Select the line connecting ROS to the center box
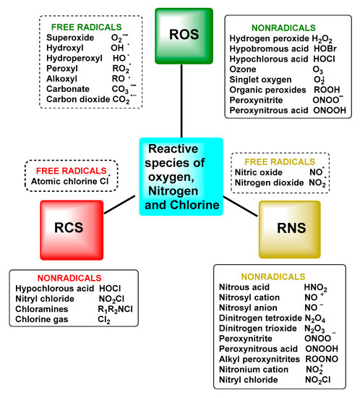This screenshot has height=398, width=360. (183, 99)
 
